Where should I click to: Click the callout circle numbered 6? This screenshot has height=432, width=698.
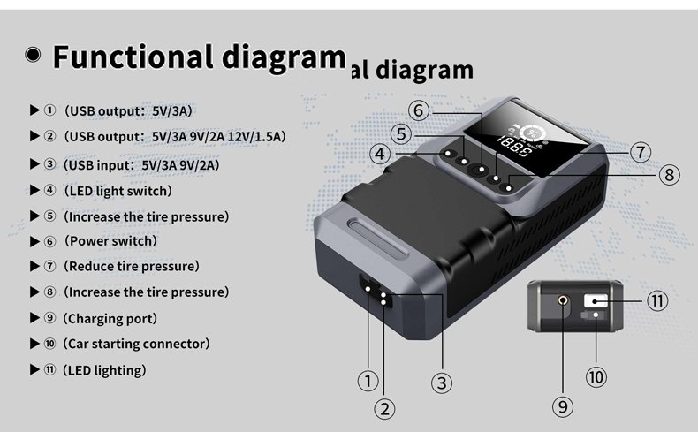pos(419,110)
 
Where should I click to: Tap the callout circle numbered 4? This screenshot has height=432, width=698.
pos(380,154)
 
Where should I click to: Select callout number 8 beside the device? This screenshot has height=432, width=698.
pos(669,174)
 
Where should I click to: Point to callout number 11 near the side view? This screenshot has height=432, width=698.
pos(657,301)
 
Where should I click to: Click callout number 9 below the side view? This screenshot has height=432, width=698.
pos(563,406)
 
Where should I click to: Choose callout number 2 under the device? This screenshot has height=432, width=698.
pos(384,409)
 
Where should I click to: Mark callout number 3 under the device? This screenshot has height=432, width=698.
pos(442,383)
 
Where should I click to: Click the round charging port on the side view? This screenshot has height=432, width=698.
pos(563,301)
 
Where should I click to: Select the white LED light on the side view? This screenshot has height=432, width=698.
pos(596,300)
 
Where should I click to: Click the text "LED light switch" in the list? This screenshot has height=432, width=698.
pos(118,191)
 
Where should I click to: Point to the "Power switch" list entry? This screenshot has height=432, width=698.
pos(110,241)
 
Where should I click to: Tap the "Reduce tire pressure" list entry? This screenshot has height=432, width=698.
pos(132,267)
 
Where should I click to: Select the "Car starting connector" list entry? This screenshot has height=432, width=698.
pos(136,344)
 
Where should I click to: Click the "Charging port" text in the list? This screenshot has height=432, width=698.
pos(110,319)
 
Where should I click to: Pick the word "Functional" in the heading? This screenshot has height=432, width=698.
pos(133,57)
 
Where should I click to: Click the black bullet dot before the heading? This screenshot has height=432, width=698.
pos(33,55)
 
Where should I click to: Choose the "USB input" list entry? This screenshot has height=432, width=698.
pos(141,165)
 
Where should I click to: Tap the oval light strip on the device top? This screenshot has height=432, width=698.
pos(379,237)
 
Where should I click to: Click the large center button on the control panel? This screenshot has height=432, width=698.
pos(479,170)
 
